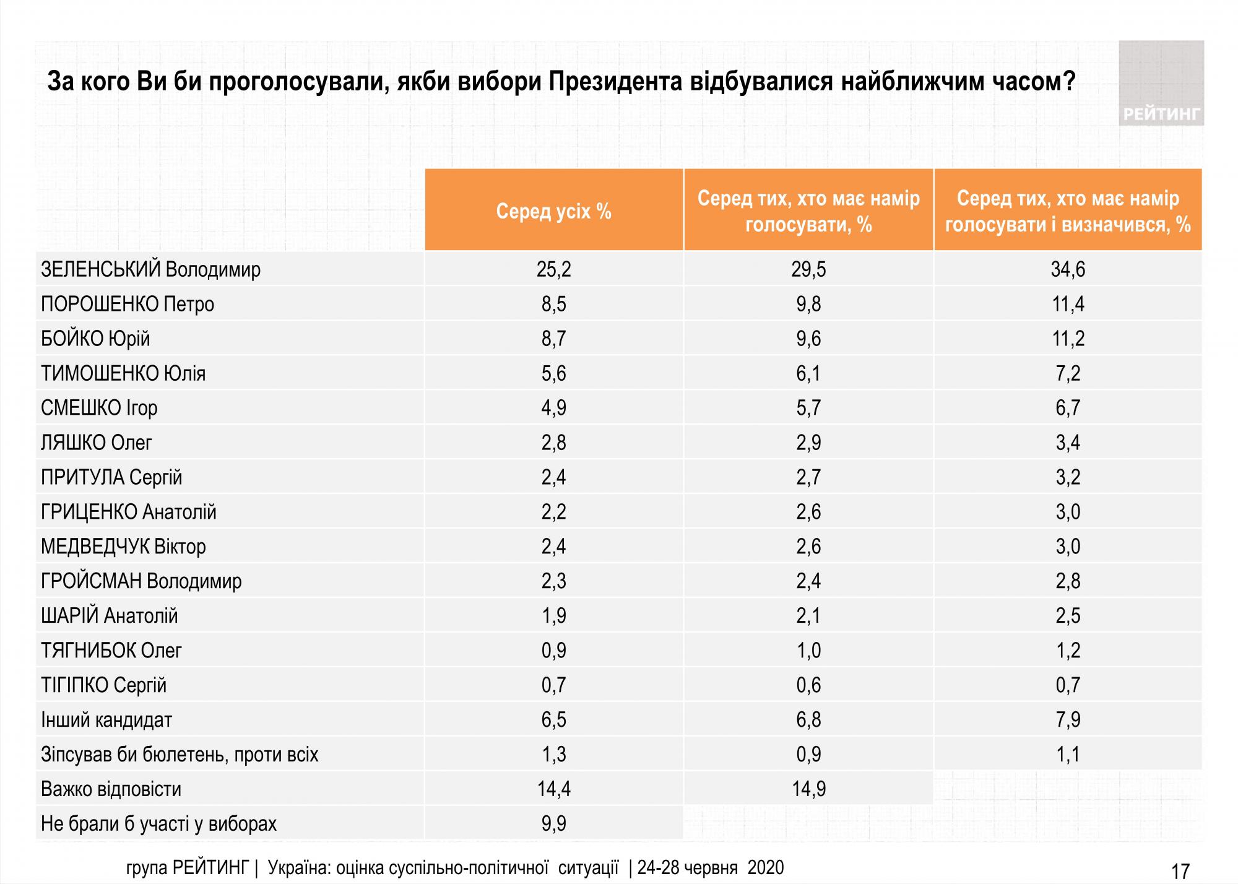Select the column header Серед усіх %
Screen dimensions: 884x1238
(x=553, y=212)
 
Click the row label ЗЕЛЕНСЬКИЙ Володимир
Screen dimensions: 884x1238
(x=150, y=270)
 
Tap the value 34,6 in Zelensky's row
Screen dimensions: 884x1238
(x=1068, y=270)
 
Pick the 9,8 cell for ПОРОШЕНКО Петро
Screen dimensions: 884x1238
(x=808, y=305)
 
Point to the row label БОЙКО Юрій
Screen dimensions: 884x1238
(x=95, y=339)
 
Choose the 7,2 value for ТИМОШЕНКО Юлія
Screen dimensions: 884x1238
(x=1068, y=374)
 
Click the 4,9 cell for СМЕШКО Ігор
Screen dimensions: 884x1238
(x=553, y=409)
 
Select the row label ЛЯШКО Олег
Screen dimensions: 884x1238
(x=97, y=443)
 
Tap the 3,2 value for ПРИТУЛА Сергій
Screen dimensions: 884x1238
(x=1068, y=478)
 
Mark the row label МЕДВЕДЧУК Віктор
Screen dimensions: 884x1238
(x=123, y=547)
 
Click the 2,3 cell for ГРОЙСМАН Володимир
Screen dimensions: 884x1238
(x=553, y=582)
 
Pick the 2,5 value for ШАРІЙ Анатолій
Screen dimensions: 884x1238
(x=1068, y=617)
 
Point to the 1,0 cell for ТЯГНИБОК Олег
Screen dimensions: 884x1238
(x=808, y=651)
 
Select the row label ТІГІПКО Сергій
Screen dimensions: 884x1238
(x=104, y=686)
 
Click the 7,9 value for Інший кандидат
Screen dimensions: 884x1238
(x=1068, y=721)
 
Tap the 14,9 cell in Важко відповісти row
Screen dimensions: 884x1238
(x=808, y=790)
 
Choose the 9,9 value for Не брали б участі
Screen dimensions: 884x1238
(x=553, y=825)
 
